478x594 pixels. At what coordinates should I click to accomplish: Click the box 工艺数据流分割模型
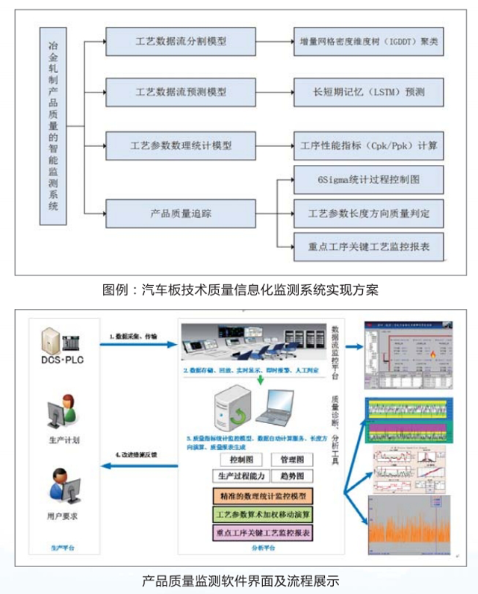[181, 42]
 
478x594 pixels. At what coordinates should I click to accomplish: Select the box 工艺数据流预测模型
[181, 93]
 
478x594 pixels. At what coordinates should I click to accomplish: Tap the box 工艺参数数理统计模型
[181, 146]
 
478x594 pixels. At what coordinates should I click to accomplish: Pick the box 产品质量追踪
[181, 213]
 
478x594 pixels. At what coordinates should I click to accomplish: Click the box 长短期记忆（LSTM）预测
[369, 93]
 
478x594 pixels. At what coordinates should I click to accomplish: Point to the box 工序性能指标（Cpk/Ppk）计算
[369, 146]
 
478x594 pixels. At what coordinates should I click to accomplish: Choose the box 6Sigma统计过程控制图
[369, 180]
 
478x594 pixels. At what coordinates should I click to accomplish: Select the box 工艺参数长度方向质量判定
[369, 213]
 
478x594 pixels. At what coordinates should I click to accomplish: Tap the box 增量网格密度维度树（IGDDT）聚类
[369, 42]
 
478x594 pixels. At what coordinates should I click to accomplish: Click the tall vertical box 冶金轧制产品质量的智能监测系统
[53, 124]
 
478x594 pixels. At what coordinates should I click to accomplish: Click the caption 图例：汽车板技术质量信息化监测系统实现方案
[240, 290]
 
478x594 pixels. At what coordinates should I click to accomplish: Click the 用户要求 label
[64, 516]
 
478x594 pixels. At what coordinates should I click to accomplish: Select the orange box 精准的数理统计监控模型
[261, 495]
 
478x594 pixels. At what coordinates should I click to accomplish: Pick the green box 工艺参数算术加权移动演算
[261, 514]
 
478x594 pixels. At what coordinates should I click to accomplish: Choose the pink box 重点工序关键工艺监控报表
[261, 533]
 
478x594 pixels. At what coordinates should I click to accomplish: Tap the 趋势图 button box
[287, 476]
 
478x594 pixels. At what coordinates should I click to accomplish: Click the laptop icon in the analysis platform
[274, 407]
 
